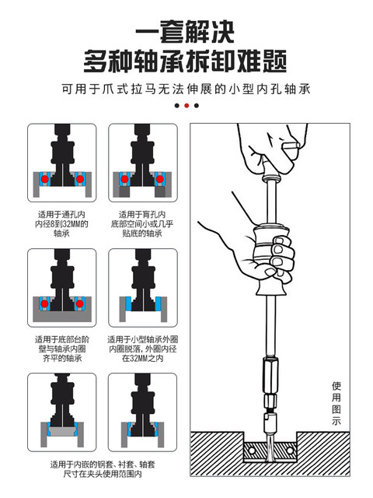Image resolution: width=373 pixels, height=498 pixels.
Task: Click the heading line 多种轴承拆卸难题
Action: click(186, 61)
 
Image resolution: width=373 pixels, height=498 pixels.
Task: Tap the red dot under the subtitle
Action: click(186, 105)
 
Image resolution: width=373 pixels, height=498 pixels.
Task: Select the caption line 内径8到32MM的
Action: click(62, 223)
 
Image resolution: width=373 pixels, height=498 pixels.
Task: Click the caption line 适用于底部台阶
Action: click(62, 339)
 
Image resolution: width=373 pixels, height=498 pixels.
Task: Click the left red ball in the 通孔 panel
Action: click(47, 179)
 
